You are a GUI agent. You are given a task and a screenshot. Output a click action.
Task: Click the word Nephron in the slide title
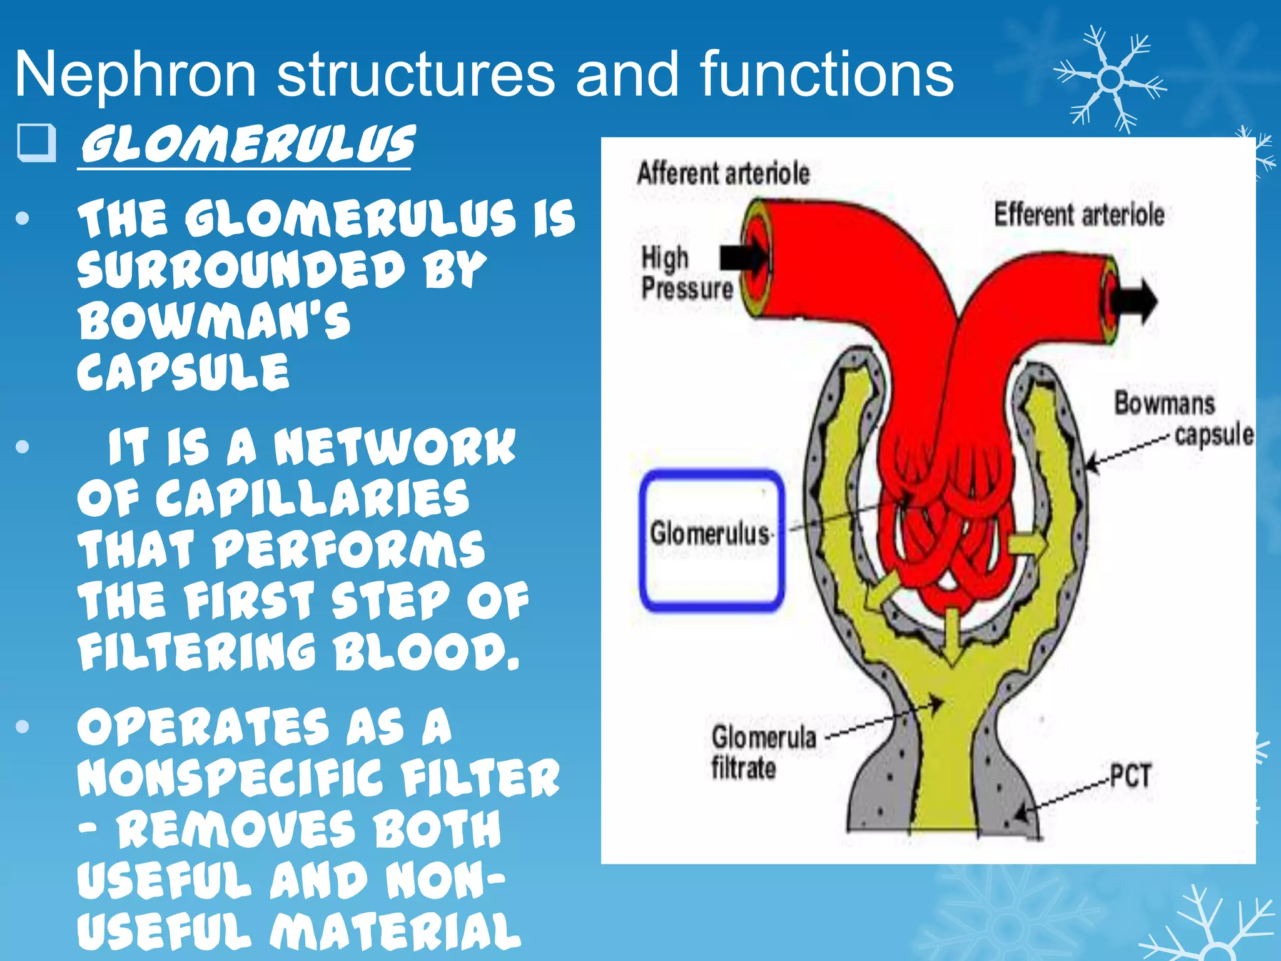[x=135, y=75]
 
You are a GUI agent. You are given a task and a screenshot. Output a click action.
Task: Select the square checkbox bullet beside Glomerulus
[x=36, y=143]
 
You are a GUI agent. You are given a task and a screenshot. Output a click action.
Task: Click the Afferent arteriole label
[x=723, y=173]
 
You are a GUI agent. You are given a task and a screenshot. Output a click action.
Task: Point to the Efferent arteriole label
[x=1079, y=215]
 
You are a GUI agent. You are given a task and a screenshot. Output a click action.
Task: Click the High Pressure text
[x=686, y=273]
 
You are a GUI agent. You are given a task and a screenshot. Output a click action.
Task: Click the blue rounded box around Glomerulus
[x=711, y=539]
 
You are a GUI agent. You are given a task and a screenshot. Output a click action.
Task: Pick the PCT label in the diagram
[x=1130, y=776]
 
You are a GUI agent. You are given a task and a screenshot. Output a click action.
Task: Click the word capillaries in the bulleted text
[x=312, y=499]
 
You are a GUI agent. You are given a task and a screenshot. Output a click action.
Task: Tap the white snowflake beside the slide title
[x=1111, y=80]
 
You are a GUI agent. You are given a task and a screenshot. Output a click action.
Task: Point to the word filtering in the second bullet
[x=197, y=651]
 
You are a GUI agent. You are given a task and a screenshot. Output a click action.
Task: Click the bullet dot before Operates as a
[x=23, y=726]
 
